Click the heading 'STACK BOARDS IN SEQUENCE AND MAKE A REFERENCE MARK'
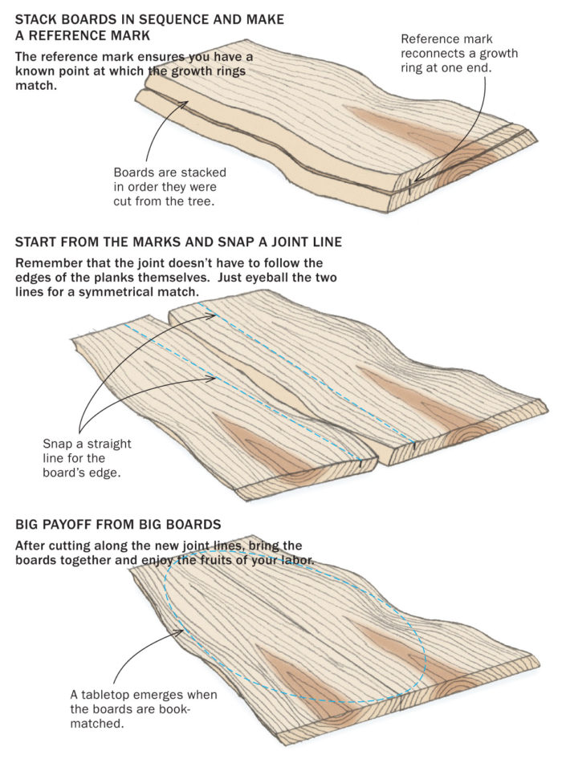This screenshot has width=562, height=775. pyautogui.click(x=149, y=27)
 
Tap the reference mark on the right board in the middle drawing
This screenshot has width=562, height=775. pyautogui.click(x=413, y=442)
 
